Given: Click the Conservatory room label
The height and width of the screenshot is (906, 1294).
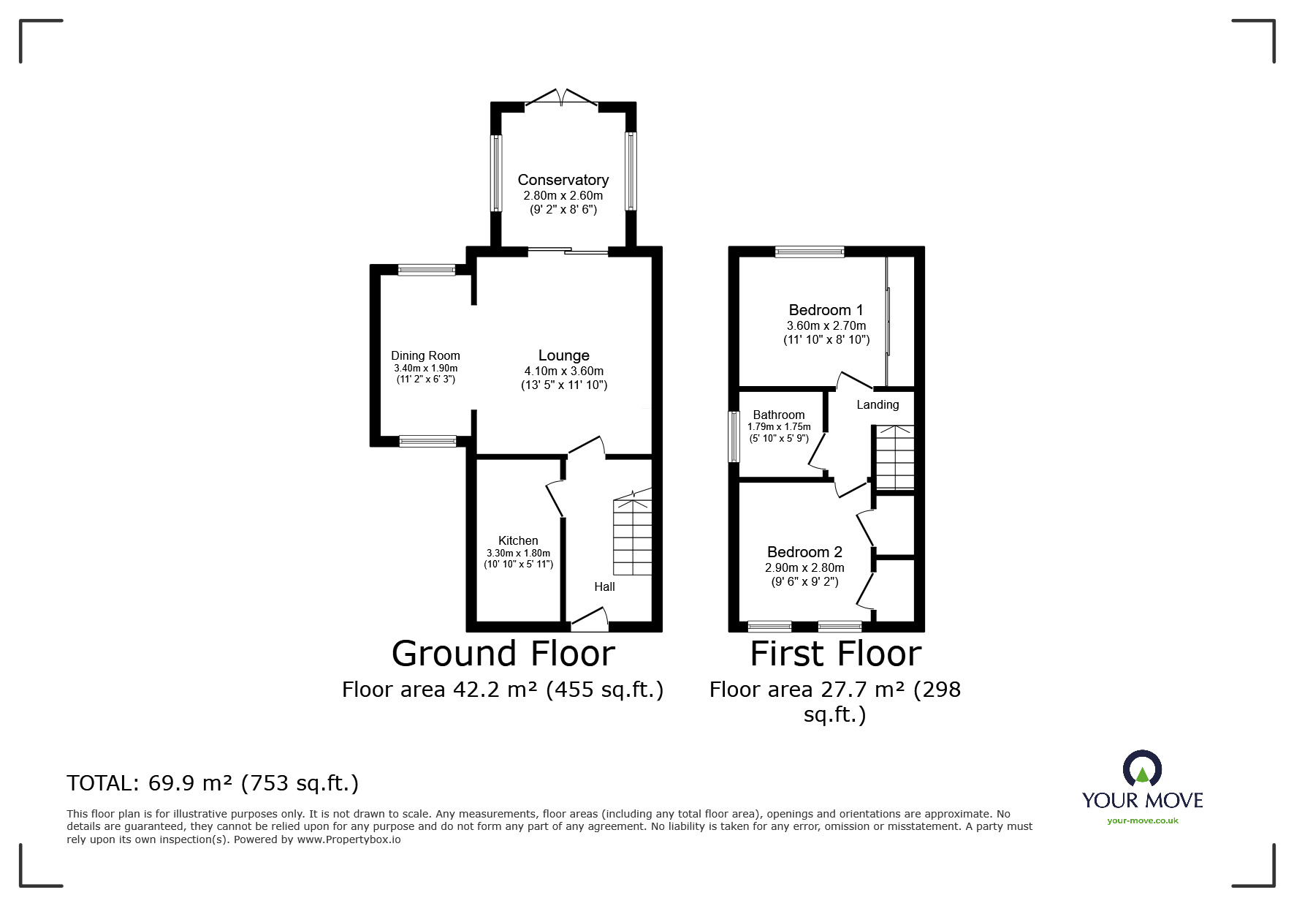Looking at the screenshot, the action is pos(563,180).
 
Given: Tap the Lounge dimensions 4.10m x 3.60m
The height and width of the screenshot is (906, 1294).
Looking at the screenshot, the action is pos(563,371).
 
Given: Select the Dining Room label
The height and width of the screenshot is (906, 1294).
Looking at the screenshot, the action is pos(425,356).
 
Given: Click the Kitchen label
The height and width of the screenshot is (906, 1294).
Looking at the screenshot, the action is pos(518,541).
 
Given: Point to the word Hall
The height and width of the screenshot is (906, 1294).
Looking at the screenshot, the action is pos(604,586).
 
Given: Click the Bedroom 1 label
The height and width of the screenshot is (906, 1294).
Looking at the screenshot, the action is pos(826,310).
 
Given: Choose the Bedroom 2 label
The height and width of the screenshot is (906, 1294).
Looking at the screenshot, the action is pos(804,552).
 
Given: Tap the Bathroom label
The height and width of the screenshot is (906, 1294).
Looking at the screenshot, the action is pos(779,415).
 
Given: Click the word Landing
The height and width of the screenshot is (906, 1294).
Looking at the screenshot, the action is pos(878,405).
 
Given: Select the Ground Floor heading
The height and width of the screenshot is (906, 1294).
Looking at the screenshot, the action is pos(503,653).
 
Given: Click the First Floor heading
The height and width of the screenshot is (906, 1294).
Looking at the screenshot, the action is pos(836,653).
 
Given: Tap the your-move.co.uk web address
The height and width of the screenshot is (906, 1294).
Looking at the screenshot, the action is pos(1143,820).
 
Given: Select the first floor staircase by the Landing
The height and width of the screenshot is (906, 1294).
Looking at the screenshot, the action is pos(894,458).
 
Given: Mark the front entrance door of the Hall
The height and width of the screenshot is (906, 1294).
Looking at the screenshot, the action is pos(590,619).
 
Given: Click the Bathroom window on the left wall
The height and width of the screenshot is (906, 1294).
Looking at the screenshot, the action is pos(734,437).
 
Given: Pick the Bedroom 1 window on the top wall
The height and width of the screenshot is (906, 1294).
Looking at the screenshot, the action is pos(810,252).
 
